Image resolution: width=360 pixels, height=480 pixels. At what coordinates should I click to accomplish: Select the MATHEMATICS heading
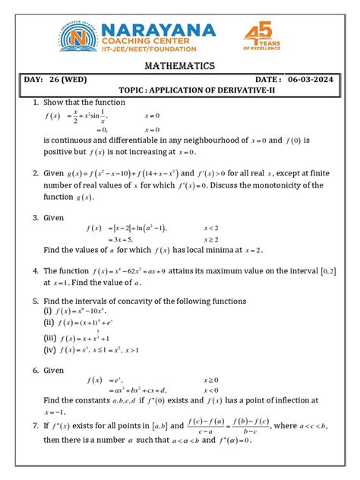[179, 66]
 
